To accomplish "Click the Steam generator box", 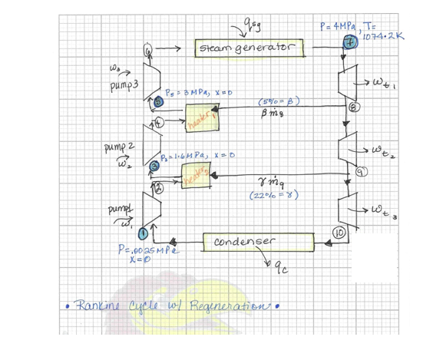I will [x=250, y=49].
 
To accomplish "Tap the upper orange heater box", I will [x=203, y=117].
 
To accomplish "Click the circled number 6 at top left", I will [x=149, y=49].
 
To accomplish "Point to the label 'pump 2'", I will [x=117, y=145].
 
